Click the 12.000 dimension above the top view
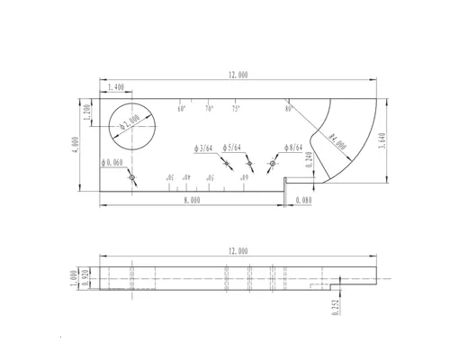point(238,75)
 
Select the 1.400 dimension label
point(116,87)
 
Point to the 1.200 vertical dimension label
point(87,114)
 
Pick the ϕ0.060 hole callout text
point(115,162)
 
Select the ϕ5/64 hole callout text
point(230,147)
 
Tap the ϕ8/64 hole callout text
point(293,147)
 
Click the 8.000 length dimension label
point(191,201)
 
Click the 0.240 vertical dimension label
point(309,163)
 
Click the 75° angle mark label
point(236,109)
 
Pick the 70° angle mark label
point(208,109)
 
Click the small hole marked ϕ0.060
point(132,178)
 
